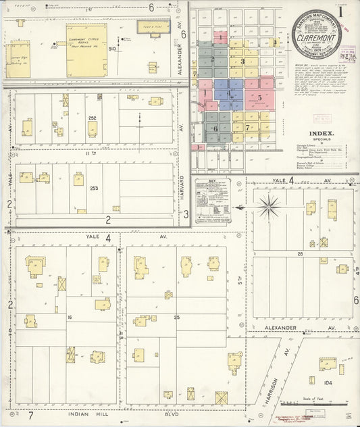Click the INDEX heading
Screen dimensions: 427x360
tap(318, 134)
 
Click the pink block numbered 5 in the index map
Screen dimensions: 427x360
tap(259, 97)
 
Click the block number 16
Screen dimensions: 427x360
tap(69, 316)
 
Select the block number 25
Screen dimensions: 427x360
tap(177, 317)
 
